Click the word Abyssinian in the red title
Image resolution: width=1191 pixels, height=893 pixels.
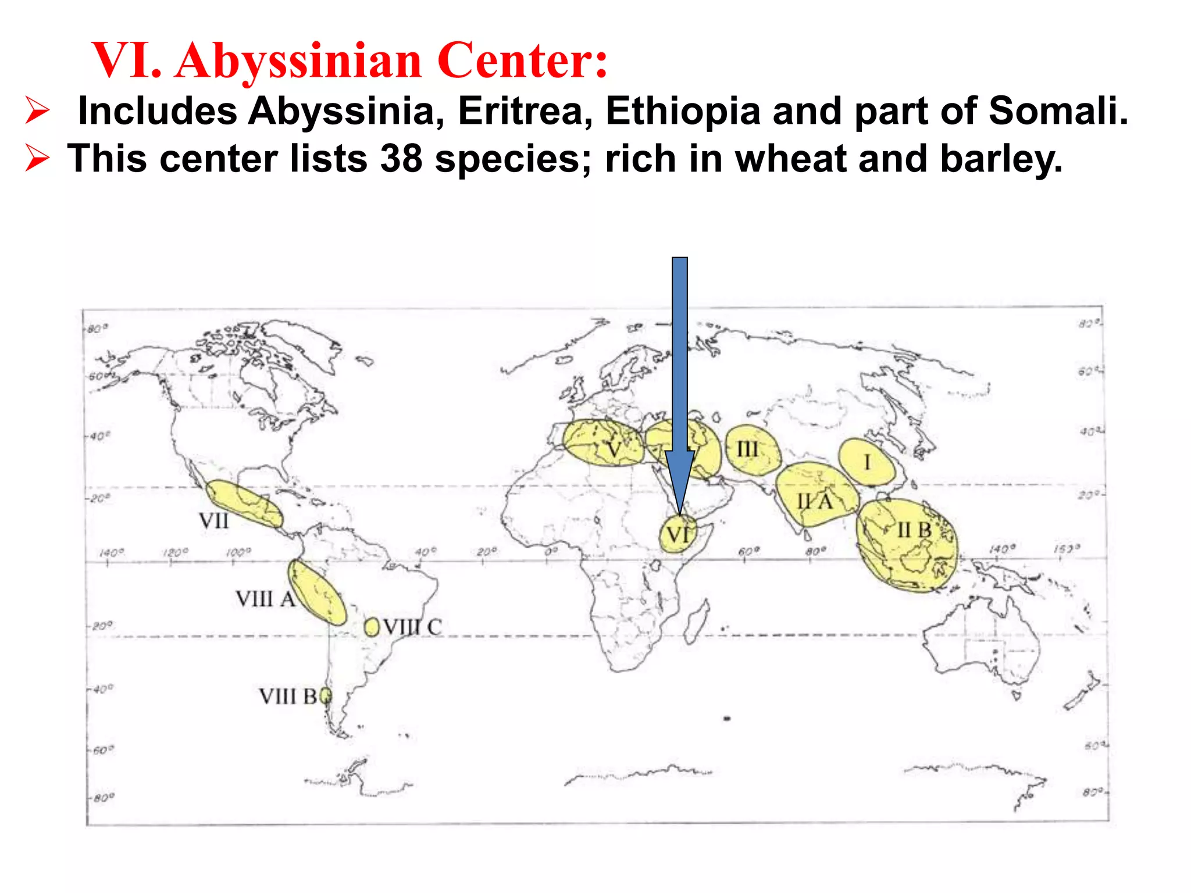pyautogui.click(x=298, y=60)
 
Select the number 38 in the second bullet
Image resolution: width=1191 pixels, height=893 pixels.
pyautogui.click(x=401, y=158)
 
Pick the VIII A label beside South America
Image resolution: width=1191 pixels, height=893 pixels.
pyautogui.click(x=265, y=599)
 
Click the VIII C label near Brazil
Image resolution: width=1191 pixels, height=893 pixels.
pyautogui.click(x=412, y=627)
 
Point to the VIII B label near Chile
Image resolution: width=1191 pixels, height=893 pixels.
pyautogui.click(x=288, y=696)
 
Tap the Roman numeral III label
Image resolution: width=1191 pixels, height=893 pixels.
pyautogui.click(x=747, y=449)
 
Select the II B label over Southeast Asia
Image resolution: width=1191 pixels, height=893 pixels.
pyautogui.click(x=914, y=530)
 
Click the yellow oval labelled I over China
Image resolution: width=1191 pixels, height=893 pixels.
pyautogui.click(x=866, y=462)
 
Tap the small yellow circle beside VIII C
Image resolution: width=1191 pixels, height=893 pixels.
pyautogui.click(x=372, y=627)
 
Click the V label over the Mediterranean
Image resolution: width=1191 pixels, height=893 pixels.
pyautogui.click(x=614, y=450)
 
